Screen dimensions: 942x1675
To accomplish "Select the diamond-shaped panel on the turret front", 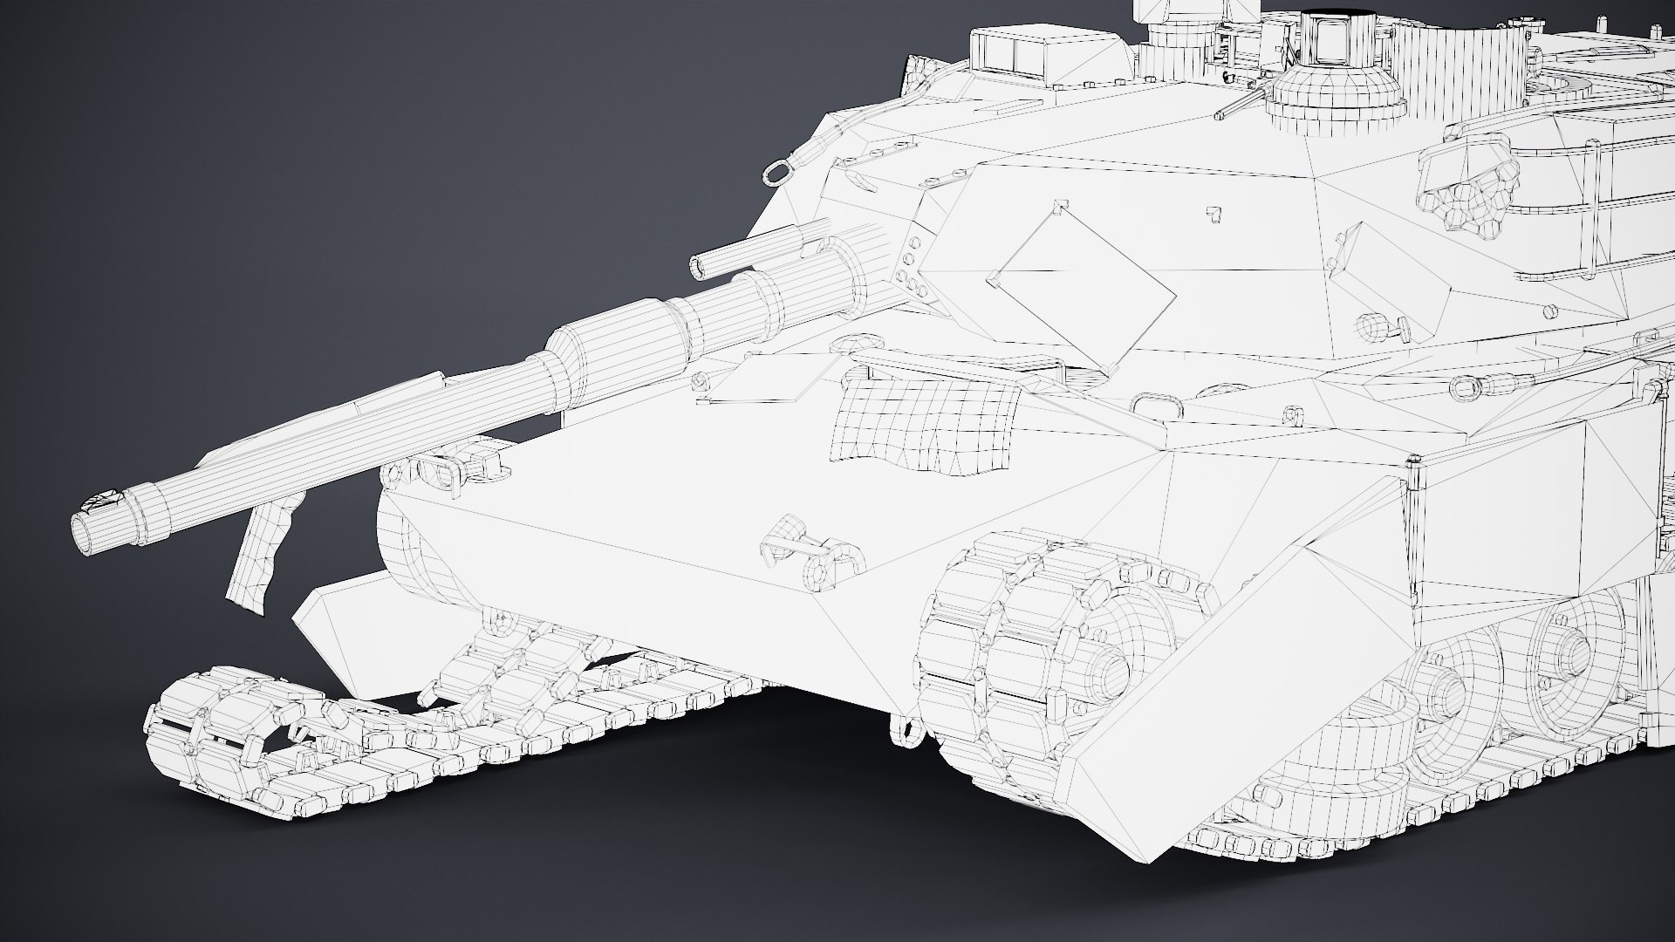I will tap(1082, 287).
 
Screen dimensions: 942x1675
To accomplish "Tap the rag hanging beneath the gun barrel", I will tap(262, 558).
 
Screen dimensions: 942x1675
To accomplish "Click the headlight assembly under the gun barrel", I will tap(445, 471).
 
